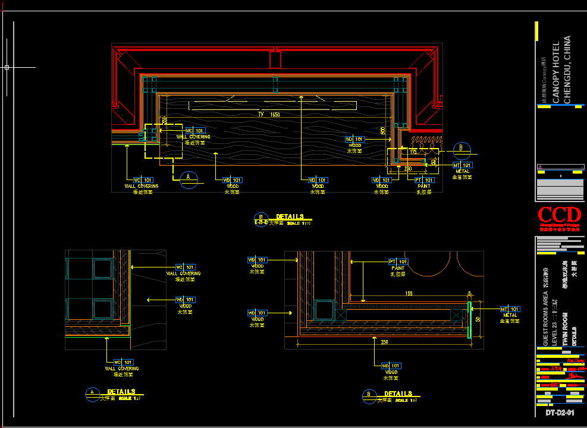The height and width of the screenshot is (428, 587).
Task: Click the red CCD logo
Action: [x=559, y=215]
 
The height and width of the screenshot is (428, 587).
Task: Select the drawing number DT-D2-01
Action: [x=560, y=413]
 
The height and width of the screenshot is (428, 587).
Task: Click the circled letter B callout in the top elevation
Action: [x=461, y=149]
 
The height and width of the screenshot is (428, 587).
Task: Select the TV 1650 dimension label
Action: [x=269, y=114]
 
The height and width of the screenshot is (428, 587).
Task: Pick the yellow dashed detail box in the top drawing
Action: [x=164, y=141]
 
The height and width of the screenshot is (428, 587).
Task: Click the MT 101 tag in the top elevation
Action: [x=462, y=165]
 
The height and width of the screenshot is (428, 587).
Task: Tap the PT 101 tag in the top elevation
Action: [x=424, y=180]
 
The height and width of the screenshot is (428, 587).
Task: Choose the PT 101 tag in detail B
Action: [x=398, y=262]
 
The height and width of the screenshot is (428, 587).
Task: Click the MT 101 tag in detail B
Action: [x=510, y=309]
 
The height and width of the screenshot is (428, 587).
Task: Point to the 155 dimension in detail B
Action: [x=409, y=294]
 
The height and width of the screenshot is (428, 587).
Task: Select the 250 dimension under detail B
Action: [x=385, y=342]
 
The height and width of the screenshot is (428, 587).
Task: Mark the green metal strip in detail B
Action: [x=469, y=320]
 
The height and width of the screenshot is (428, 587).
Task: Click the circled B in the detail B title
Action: [x=369, y=395]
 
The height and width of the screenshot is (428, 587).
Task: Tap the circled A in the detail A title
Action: [x=92, y=392]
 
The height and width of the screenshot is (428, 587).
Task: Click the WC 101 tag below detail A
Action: [x=124, y=361]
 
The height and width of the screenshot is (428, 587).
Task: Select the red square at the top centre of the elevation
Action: [x=275, y=59]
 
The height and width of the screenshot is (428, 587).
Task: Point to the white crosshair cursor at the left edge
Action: [x=7, y=68]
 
